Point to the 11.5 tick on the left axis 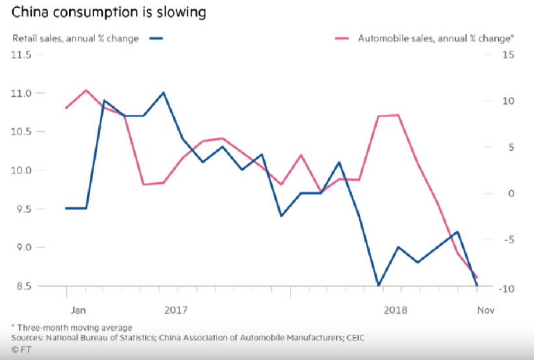coord(22,55)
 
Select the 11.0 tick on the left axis coord(22,94)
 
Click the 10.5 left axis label coord(22,132)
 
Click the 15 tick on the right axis coord(508,55)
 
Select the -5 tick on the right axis coord(507,240)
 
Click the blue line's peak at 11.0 coord(163,92)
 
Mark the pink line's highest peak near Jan coord(86,90)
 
